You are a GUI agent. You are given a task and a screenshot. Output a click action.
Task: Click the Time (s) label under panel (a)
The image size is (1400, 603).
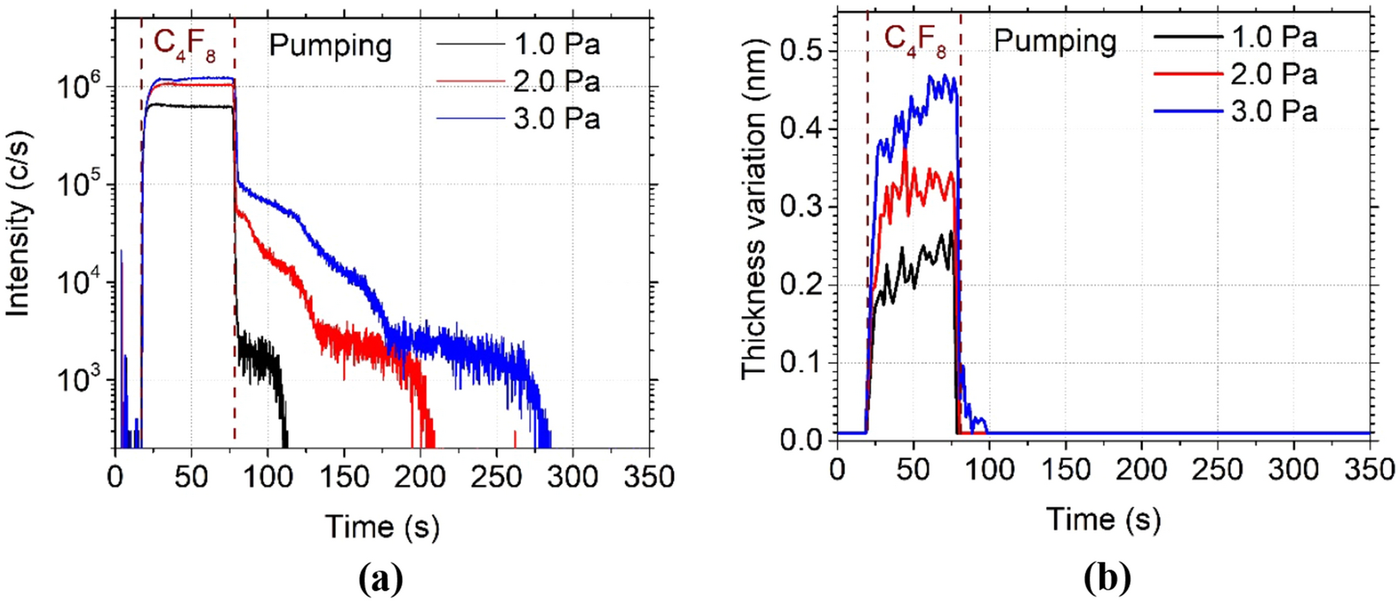coord(383,527)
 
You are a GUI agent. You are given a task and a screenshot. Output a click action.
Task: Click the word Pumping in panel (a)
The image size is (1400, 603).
coord(330,46)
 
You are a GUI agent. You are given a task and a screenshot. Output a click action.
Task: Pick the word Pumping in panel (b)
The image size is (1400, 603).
coord(1055,40)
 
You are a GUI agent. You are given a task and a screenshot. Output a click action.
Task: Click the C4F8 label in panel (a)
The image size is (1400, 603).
coord(185,44)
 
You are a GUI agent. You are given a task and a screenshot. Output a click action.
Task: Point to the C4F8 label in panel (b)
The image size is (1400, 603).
coord(915,40)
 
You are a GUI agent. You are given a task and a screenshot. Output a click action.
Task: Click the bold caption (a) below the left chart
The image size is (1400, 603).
coord(381,577)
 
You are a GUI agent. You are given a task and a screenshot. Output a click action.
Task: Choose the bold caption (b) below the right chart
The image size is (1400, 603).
coord(1106,577)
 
